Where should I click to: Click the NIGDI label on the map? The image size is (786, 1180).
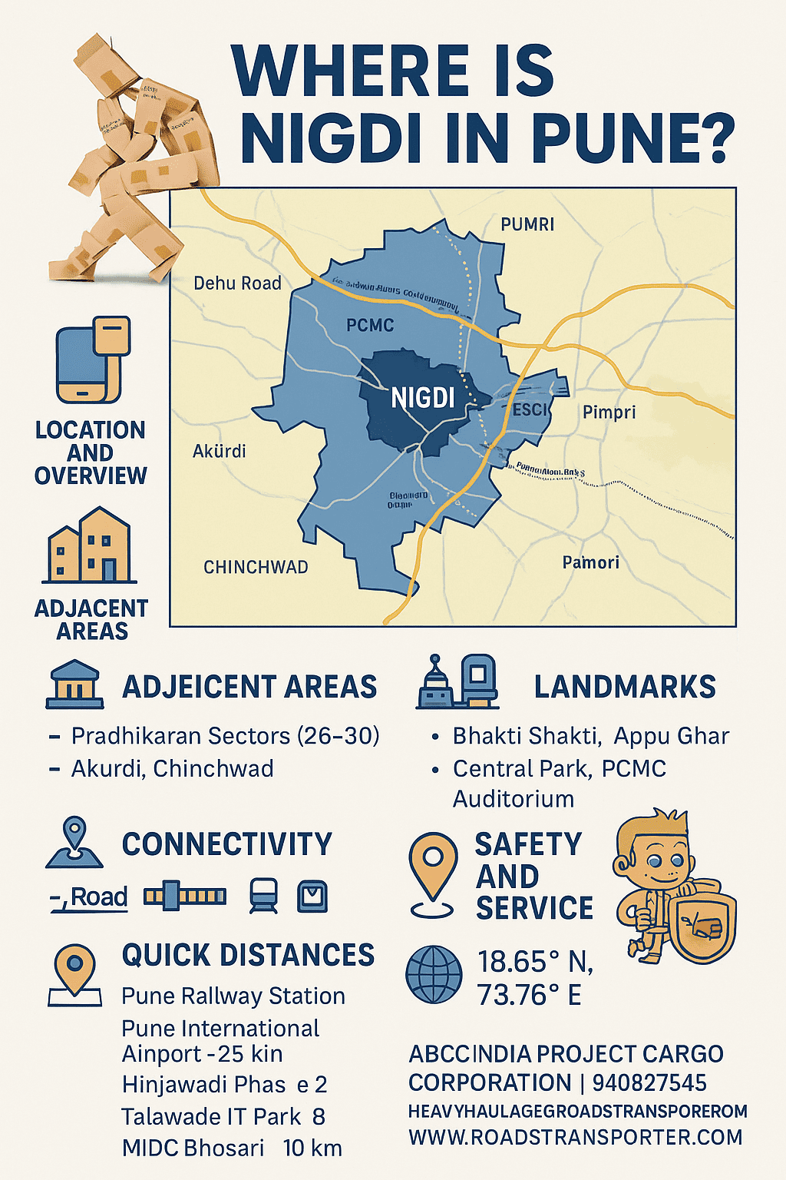coord(423,398)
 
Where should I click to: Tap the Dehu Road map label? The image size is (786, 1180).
coord(237,283)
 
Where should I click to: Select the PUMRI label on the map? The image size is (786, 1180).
coord(527,224)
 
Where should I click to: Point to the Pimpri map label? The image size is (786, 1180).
coord(609,413)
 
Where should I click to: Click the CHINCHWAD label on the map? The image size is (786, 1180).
coord(256,568)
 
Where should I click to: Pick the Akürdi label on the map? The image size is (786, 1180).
coord(219,451)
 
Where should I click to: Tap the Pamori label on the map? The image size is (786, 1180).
coord(590,563)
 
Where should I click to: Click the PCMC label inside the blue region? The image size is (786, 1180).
coord(370,326)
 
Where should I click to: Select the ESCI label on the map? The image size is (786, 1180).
coord(530,409)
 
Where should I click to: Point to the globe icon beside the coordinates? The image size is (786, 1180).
coord(434,975)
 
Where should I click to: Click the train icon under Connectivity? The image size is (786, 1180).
coord(263,896)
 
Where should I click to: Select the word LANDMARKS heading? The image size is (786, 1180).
coord(625,687)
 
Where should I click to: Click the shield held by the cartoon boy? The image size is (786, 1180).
coord(702,928)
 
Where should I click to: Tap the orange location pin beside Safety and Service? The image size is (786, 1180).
coord(433,872)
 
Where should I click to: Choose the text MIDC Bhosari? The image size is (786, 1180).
coord(193,1149)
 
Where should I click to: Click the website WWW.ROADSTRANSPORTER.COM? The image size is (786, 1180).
coord(575,1138)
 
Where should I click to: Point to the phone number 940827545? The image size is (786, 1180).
coord(649,1083)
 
